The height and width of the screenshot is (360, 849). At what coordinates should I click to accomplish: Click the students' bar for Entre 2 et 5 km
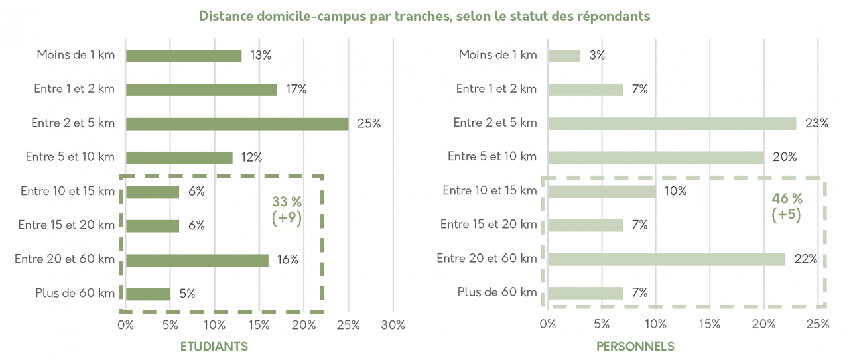point(237,124)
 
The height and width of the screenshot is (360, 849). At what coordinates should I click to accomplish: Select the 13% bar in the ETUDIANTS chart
point(184,56)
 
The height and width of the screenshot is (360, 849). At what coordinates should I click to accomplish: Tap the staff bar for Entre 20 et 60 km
point(667,259)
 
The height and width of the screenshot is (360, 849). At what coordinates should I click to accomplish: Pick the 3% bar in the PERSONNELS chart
point(564,56)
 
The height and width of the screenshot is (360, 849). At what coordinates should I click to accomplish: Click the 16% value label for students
point(287,260)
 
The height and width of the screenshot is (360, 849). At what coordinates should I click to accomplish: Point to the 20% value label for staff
point(785,157)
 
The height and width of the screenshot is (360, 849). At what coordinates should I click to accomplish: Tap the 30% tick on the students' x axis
point(393,325)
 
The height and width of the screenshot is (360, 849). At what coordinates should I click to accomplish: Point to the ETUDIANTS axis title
point(214,347)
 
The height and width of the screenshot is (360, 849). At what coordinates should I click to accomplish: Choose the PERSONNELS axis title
point(635,347)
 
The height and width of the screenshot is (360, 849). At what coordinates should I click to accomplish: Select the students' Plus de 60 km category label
point(75,293)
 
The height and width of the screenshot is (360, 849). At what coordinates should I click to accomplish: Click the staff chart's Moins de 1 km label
point(497,55)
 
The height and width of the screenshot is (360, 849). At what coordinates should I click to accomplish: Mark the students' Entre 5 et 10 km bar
point(179,158)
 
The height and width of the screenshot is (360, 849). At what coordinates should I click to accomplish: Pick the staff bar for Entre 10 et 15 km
point(602,192)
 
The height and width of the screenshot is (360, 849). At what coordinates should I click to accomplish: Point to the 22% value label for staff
point(805,259)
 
